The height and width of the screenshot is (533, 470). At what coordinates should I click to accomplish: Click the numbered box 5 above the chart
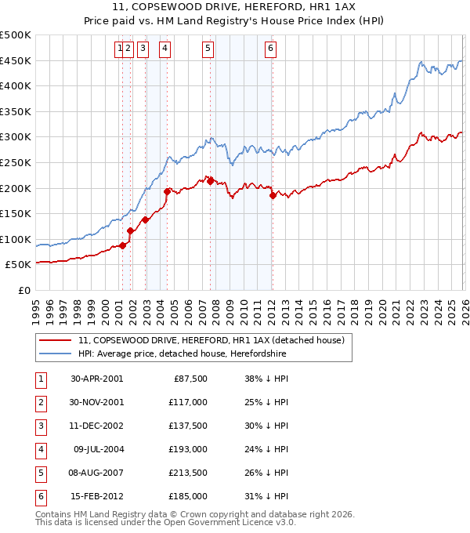(x=208, y=49)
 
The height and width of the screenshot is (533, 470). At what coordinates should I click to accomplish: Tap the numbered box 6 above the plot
(x=270, y=49)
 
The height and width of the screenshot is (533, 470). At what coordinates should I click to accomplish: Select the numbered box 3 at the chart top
(x=143, y=49)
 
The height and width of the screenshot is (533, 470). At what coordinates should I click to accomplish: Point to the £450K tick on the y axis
(x=16, y=60)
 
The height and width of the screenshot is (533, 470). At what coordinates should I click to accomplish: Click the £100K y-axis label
(x=16, y=239)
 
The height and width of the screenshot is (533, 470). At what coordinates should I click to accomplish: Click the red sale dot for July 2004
(x=167, y=191)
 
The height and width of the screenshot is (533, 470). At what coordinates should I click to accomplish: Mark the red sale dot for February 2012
(x=273, y=195)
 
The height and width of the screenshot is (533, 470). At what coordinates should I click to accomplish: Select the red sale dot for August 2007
(x=210, y=180)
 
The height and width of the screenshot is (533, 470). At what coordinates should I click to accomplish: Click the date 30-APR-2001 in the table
(x=96, y=379)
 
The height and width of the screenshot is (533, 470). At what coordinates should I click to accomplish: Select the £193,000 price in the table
(x=188, y=449)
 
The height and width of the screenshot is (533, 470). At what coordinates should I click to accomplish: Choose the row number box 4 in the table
(x=40, y=449)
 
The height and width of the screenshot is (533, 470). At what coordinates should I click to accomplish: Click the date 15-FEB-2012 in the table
(x=96, y=496)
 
